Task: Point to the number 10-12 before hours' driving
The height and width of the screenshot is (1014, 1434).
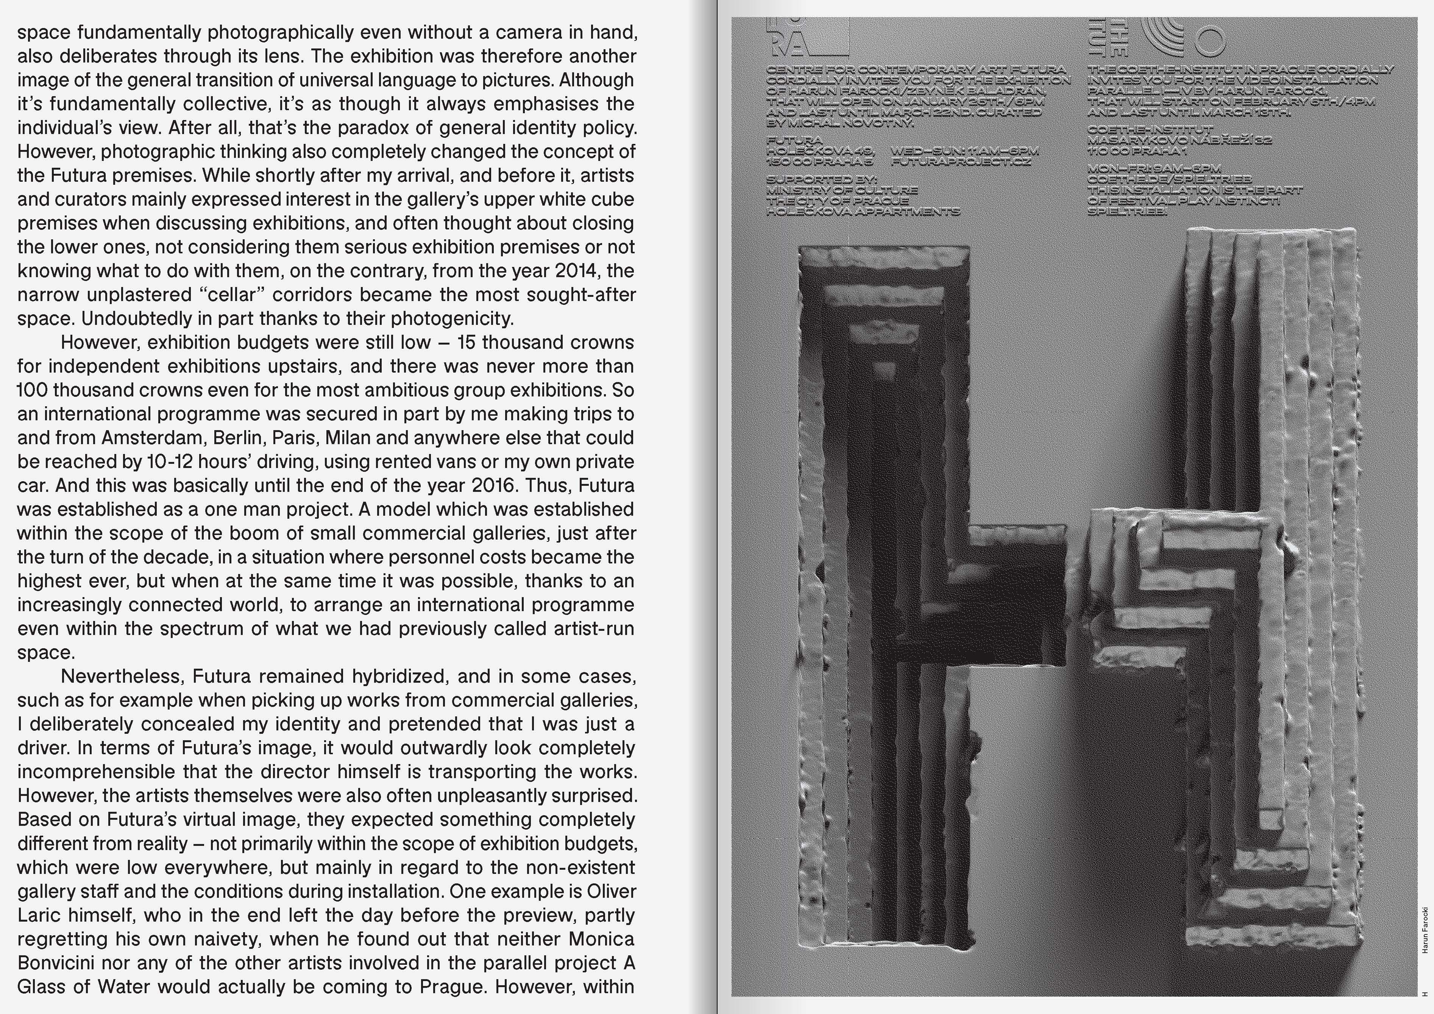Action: (x=170, y=462)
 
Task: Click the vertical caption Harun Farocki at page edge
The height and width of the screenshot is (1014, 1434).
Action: (x=1425, y=930)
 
